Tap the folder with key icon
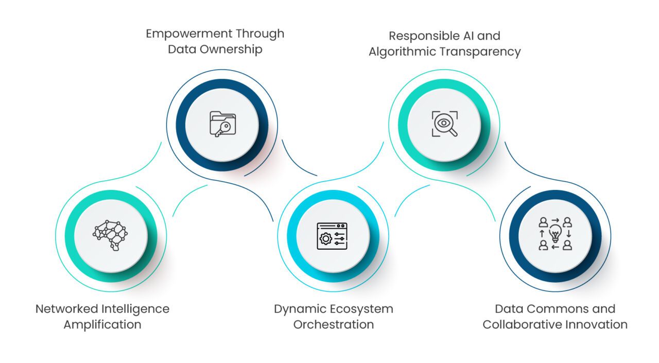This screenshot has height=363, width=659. (222, 124)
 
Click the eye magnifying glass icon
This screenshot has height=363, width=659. (444, 124)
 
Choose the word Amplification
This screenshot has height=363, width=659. (102, 325)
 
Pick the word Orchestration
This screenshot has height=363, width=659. (334, 325)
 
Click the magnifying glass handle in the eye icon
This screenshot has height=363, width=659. (453, 133)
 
